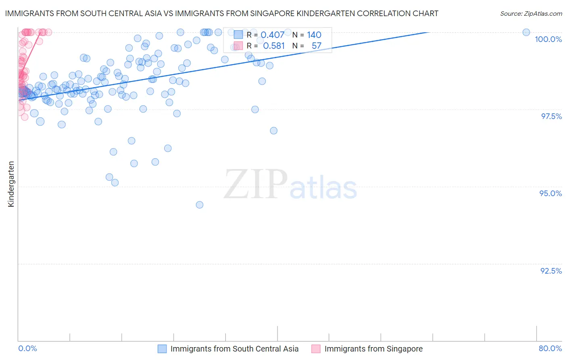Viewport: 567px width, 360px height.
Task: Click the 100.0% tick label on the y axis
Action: tap(548, 39)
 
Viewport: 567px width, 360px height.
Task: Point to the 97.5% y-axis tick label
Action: tap(551, 116)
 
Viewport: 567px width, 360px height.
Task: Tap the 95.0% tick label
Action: tap(550, 193)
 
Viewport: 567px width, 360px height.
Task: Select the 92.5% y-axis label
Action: tap(551, 271)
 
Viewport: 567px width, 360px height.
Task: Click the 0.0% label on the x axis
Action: tap(27, 348)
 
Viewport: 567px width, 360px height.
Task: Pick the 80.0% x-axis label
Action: tap(550, 348)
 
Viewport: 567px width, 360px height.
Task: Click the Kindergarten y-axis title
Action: tap(11, 184)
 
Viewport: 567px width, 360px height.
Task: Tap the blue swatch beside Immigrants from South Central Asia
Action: tap(162, 349)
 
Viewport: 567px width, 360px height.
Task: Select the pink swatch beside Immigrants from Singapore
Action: tap(316, 349)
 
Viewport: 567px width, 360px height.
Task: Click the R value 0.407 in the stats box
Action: tap(272, 35)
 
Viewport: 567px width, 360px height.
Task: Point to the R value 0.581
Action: tap(274, 46)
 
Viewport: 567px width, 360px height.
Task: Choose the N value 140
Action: tap(314, 35)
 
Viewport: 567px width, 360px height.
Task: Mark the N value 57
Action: tap(317, 46)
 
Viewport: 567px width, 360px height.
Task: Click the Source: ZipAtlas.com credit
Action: tap(531, 14)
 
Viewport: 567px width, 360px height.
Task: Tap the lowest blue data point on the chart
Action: tap(200, 205)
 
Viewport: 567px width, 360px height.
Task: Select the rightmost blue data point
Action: tap(526, 32)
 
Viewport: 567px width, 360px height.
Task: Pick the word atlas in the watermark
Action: tap(323, 188)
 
